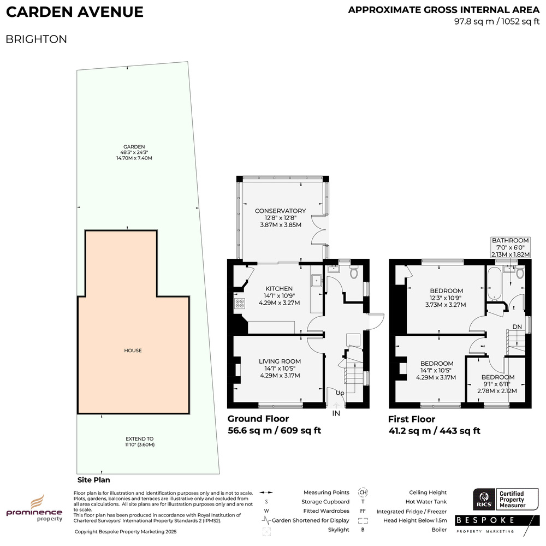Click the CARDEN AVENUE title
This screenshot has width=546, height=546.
[74, 12]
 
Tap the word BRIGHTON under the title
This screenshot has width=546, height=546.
[36, 39]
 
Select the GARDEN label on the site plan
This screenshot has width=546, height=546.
[134, 146]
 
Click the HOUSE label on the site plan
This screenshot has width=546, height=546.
[133, 351]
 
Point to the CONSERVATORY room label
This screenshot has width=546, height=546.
[280, 211]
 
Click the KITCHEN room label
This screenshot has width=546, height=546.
[279, 289]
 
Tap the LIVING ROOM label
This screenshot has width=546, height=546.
[280, 361]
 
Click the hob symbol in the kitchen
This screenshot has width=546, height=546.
[240, 303]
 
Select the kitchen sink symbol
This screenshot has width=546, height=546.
[317, 281]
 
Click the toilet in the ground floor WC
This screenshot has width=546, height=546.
[354, 272]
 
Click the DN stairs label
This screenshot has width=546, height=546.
[517, 327]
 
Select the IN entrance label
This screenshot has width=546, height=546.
[336, 413]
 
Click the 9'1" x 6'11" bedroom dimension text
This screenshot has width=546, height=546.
[497, 384]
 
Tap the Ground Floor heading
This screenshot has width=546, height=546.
[258, 419]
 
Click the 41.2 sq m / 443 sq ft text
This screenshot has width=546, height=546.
[434, 431]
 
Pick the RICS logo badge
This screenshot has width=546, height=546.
[484, 499]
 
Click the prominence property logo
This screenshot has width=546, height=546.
[34, 508]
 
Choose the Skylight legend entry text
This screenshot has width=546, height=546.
[339, 530]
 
